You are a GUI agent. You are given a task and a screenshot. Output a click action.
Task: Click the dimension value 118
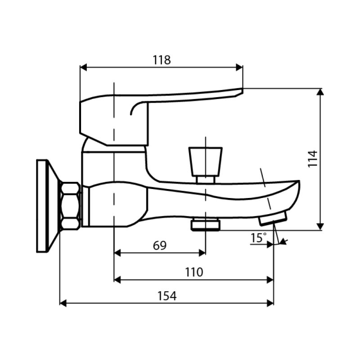pos(162,60)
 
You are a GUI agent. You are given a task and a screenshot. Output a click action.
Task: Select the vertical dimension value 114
pos(313,159)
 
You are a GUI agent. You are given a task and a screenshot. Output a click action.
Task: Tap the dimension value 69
pos(160,246)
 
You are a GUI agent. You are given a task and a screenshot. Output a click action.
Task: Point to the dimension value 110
pos(194,272)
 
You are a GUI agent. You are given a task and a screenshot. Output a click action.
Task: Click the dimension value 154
pos(167,296)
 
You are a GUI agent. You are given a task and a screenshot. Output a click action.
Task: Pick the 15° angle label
pos(258,238)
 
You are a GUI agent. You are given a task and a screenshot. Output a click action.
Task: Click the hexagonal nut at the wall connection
pos(71,206)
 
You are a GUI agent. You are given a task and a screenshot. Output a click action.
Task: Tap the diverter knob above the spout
pos(206,162)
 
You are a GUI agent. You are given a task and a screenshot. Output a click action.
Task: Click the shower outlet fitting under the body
pos(205,224)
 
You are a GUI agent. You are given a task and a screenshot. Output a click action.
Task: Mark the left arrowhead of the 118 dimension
pos(83,67)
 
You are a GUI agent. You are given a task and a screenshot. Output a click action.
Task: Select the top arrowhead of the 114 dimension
pos(320,92)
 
